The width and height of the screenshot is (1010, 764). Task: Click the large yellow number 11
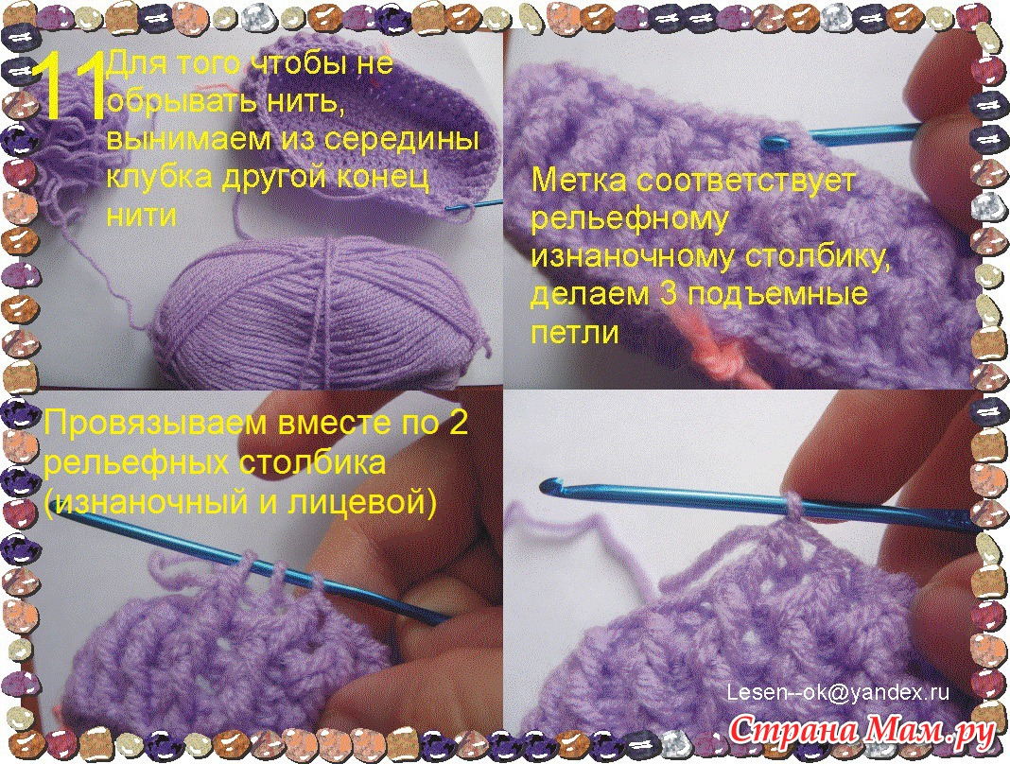[70, 87]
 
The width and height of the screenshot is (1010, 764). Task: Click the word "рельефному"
[629, 221]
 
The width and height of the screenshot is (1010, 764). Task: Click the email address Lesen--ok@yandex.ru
[838, 692]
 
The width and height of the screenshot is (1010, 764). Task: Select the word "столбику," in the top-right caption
[818, 257]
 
